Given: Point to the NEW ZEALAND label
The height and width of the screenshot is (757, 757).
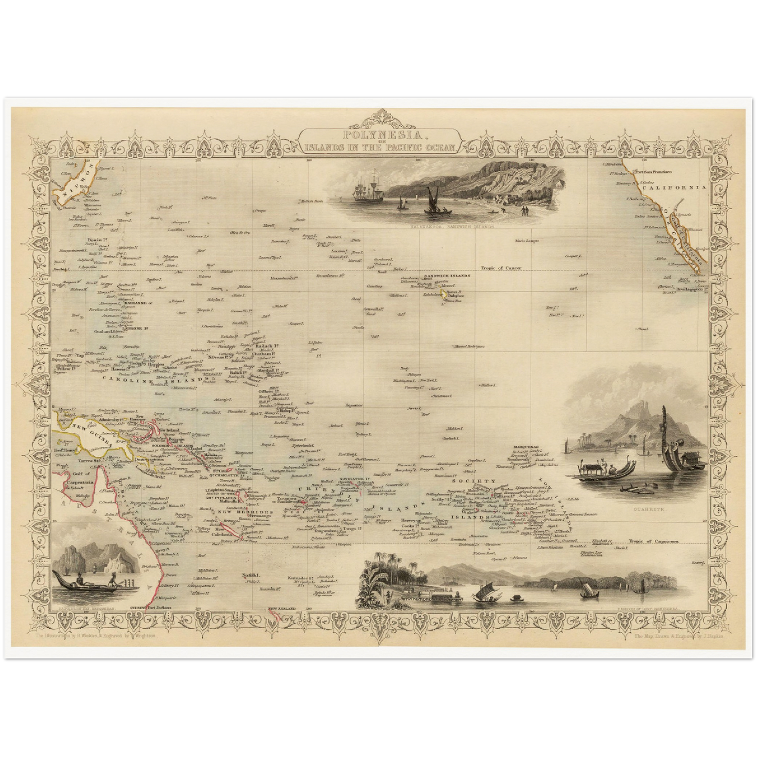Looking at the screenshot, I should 282,609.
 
